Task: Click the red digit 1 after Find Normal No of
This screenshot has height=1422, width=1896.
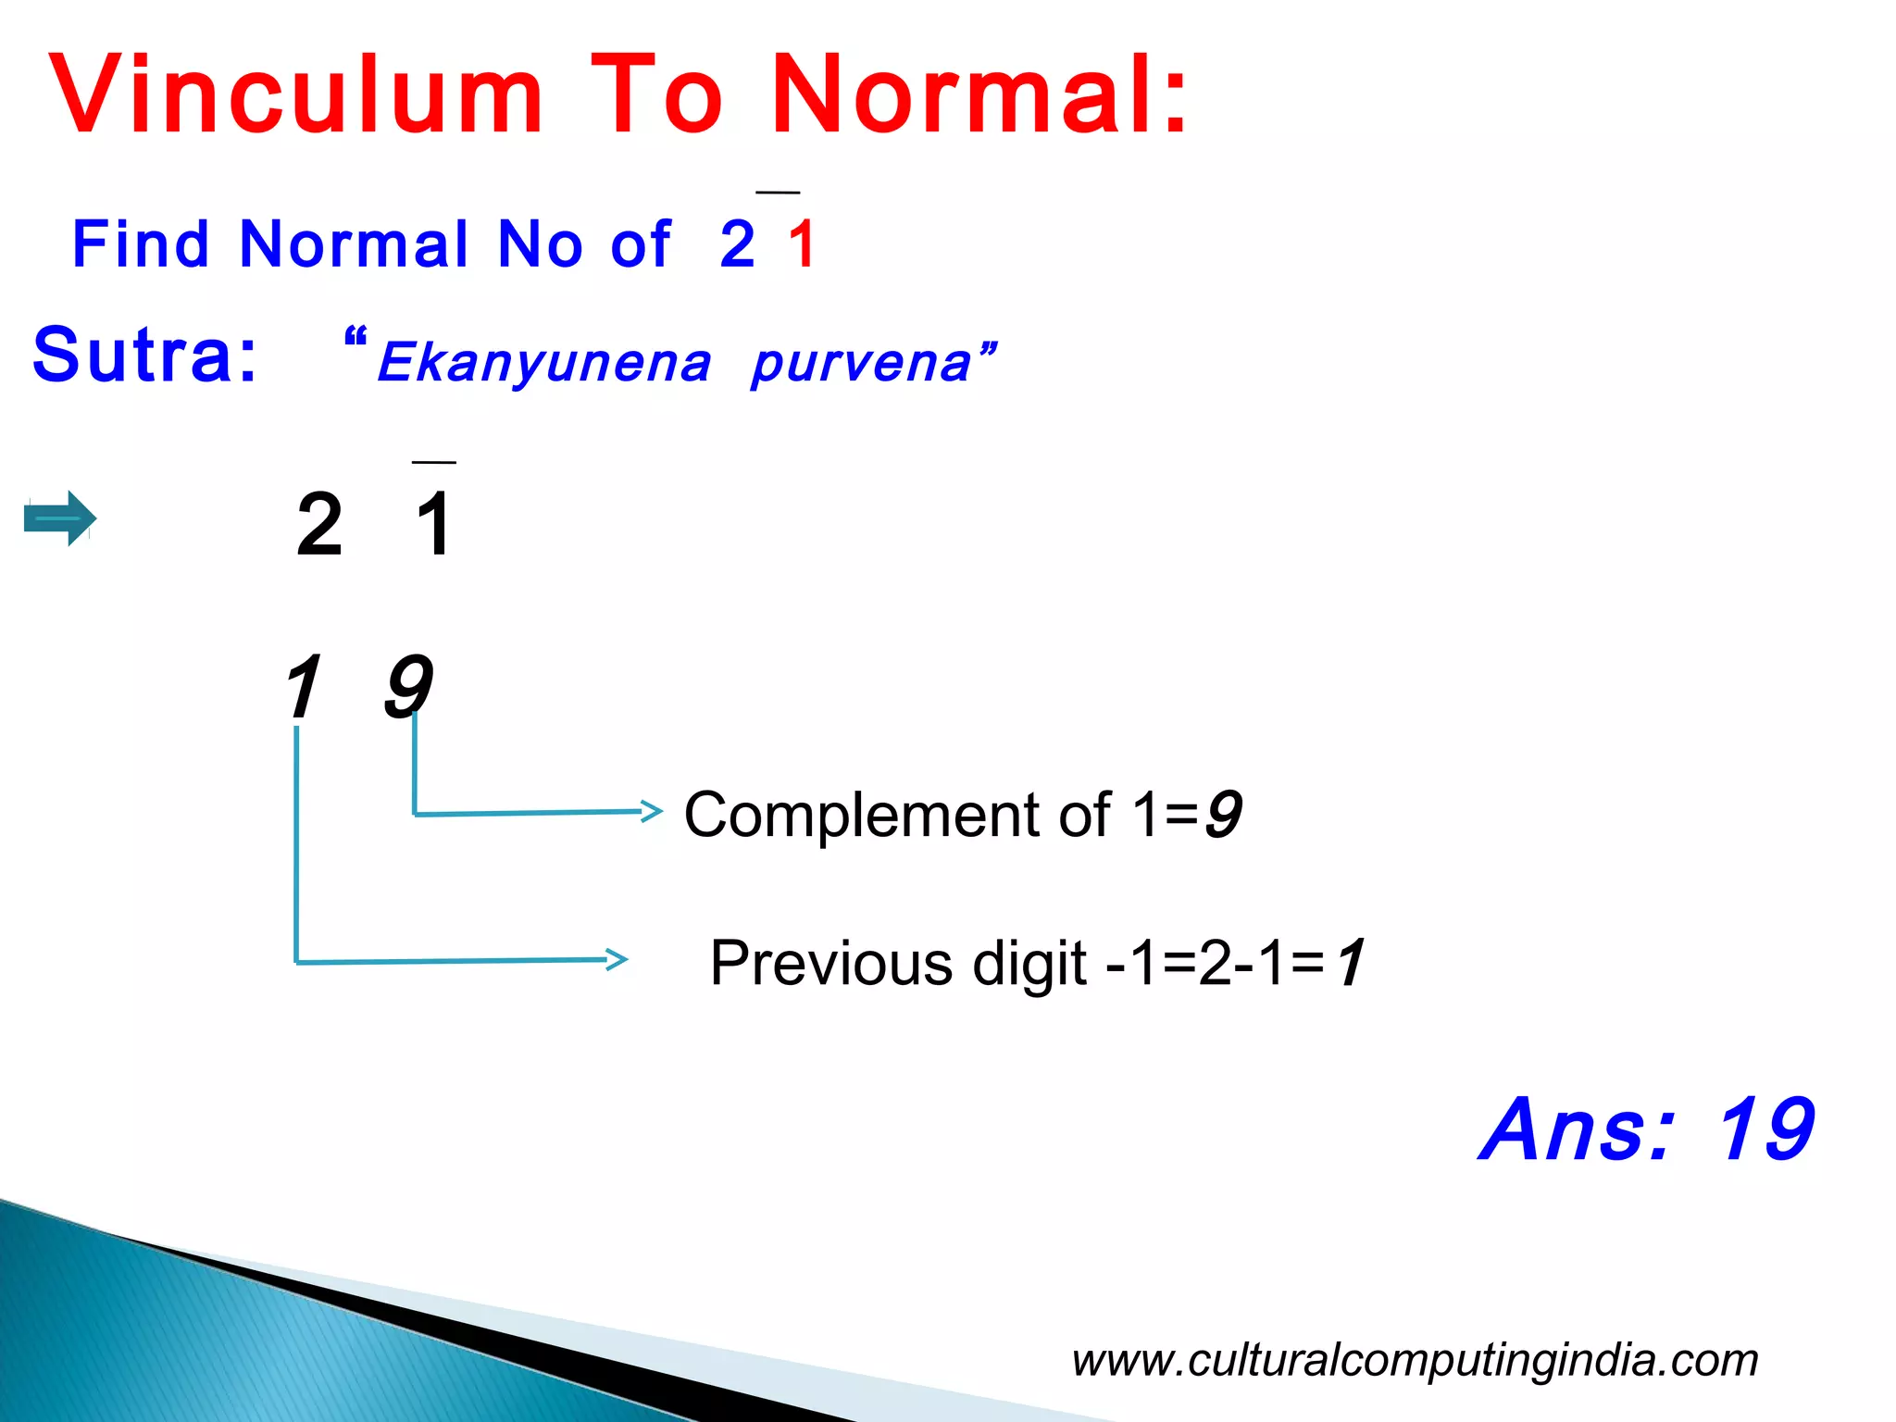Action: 802,244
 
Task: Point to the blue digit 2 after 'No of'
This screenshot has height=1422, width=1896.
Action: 737,244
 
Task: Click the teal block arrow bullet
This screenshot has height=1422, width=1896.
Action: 60,518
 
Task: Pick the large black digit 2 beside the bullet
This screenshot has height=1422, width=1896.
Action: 319,525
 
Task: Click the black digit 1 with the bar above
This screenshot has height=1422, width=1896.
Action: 434,525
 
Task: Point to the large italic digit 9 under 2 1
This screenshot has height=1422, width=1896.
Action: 407,686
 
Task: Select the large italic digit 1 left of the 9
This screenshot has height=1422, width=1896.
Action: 303,686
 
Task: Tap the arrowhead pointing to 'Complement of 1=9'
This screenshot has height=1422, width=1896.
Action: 654,812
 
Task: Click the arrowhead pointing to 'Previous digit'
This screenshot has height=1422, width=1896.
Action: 617,960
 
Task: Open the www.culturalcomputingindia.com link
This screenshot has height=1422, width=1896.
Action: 1415,1360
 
